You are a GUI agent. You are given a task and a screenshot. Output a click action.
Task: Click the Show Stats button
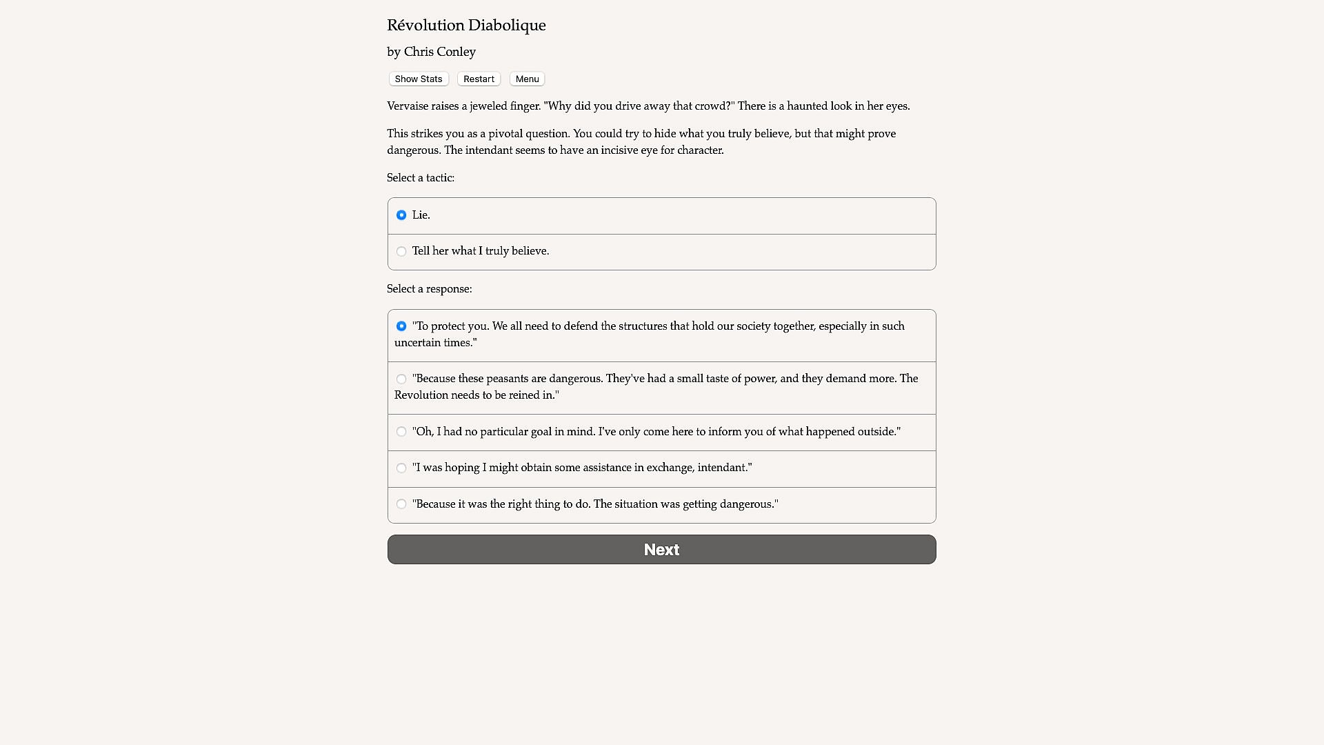click(x=419, y=79)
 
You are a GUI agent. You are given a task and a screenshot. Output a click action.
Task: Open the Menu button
click(x=527, y=79)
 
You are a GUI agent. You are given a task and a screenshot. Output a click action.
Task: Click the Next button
click(x=661, y=550)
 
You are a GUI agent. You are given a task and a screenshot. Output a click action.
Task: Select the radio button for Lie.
click(x=401, y=215)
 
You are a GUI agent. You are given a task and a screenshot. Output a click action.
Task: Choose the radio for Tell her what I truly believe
click(x=401, y=252)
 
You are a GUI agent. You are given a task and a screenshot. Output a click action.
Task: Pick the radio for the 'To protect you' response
click(x=401, y=326)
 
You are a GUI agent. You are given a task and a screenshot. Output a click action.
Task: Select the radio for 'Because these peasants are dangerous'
click(x=401, y=379)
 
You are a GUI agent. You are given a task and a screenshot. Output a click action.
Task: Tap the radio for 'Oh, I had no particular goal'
click(x=401, y=432)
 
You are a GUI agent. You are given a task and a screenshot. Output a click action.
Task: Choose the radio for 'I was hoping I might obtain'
click(x=401, y=468)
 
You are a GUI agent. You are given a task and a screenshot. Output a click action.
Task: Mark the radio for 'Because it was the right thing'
click(x=401, y=504)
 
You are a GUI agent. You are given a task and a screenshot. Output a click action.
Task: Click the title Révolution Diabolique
click(x=466, y=26)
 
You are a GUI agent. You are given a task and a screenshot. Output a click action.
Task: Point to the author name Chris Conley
click(x=439, y=52)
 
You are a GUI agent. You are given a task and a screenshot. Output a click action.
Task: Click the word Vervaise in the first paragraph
click(x=408, y=106)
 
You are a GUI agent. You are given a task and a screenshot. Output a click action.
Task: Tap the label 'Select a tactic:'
click(x=421, y=178)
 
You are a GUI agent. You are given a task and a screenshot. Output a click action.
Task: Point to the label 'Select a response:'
click(x=430, y=289)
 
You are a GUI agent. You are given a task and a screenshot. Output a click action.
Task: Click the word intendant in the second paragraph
click(x=488, y=150)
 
